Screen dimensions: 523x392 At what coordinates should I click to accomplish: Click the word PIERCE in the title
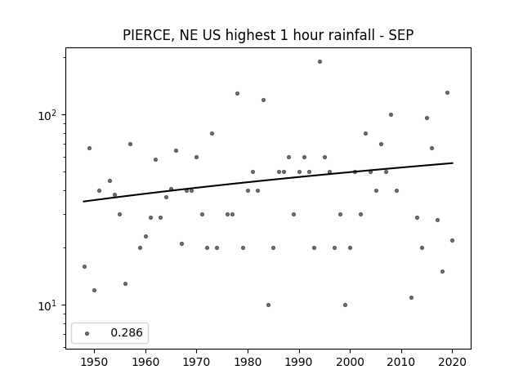click(x=147, y=35)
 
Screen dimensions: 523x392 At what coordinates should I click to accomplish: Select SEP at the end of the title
click(x=401, y=35)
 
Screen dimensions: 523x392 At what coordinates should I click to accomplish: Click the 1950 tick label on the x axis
click(x=95, y=362)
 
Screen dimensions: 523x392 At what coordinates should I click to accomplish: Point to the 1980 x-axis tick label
click(x=248, y=362)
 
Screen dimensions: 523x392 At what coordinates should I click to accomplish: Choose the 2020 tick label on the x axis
click(x=452, y=362)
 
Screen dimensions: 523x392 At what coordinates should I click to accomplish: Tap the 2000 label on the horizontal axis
click(x=350, y=362)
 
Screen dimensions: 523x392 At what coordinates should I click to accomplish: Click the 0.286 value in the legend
click(x=127, y=332)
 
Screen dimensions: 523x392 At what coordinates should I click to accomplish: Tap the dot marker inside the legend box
click(x=87, y=333)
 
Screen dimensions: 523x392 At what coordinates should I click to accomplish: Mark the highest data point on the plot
click(x=320, y=62)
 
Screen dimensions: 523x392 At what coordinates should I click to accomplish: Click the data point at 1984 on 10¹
click(x=269, y=305)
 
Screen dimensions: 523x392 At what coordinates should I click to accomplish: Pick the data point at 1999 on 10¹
click(x=345, y=305)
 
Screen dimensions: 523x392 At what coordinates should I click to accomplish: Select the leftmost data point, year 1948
click(x=84, y=267)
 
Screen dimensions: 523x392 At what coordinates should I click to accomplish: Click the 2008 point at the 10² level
click(x=391, y=114)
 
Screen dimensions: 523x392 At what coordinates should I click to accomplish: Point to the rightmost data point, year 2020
click(x=452, y=240)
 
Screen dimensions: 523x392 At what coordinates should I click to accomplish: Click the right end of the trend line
click(x=453, y=163)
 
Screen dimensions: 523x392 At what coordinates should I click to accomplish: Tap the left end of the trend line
click(x=83, y=202)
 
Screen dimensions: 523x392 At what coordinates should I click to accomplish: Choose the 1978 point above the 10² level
click(x=238, y=93)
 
